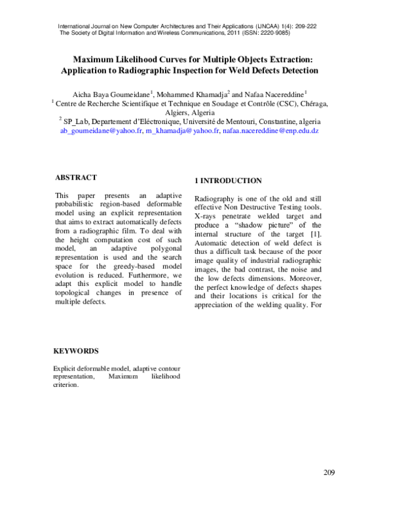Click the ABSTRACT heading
76,177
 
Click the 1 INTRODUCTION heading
229,180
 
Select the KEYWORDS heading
76,351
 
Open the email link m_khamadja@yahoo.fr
182,131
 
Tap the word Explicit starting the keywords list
66,369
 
